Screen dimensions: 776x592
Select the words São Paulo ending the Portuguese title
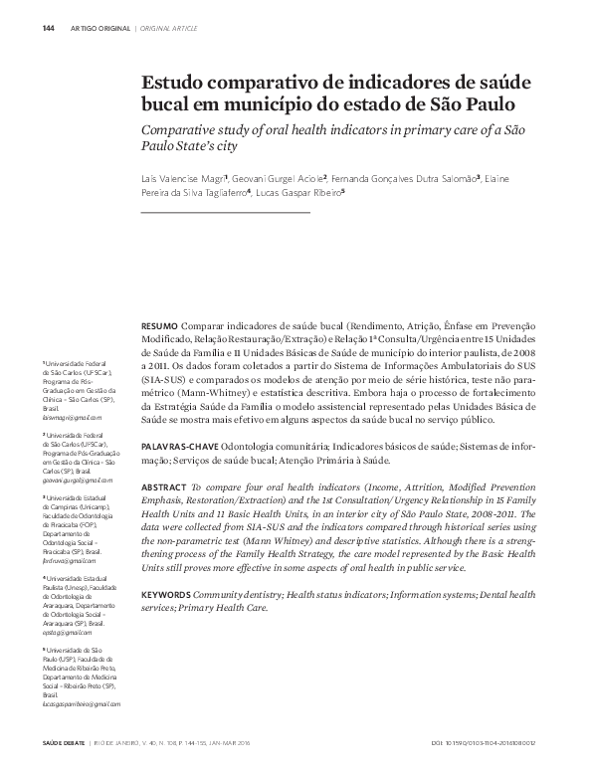495,102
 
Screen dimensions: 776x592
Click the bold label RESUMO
159,325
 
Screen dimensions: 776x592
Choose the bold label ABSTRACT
163,487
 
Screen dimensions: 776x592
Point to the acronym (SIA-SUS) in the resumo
162,380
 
